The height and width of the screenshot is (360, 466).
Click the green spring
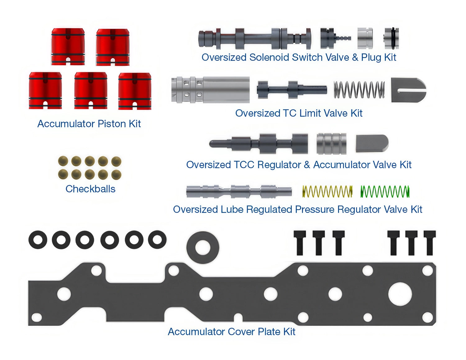point(385,191)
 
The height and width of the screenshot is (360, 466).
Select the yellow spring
point(327,191)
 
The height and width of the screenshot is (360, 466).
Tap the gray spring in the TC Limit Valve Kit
point(359,90)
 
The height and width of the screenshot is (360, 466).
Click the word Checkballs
point(90,189)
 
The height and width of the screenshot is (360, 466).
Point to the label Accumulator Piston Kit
point(89,124)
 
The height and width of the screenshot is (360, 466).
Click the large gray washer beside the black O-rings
point(203,248)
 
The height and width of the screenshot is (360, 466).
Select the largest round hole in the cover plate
point(400,294)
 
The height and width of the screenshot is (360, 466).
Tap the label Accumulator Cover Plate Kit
point(231,332)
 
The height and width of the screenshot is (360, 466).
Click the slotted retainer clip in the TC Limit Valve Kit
point(409,90)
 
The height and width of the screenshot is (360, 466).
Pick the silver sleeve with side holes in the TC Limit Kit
point(210,90)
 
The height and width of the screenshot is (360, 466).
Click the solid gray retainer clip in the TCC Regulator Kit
point(372,143)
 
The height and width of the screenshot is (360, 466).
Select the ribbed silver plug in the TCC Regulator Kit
point(331,143)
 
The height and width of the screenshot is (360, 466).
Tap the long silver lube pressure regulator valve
point(239,191)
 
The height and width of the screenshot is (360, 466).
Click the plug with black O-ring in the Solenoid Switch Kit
point(391,38)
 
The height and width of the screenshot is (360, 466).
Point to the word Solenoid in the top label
point(269,57)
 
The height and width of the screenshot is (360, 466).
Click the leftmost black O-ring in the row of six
point(38,240)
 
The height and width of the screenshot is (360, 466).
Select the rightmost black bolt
point(430,243)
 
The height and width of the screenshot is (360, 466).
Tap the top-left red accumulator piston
point(68,47)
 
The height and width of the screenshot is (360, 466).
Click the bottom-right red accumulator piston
point(135,91)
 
